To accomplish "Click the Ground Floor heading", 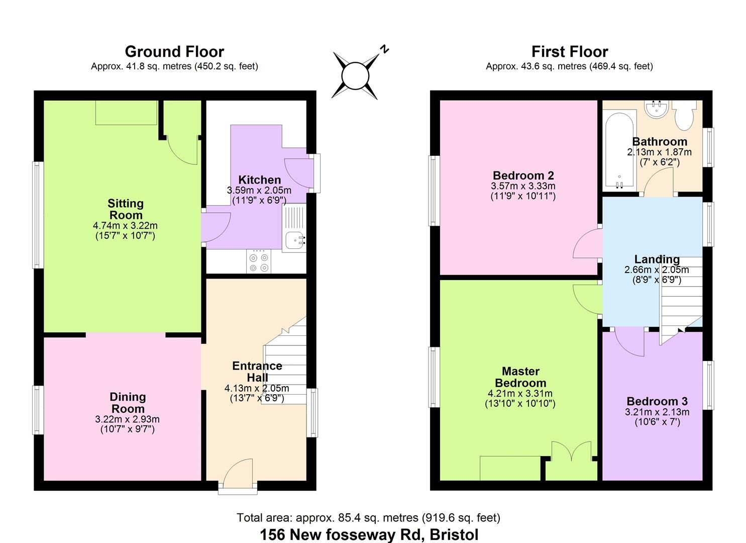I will [174, 52].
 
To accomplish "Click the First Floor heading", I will [570, 52].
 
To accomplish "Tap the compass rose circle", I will [355, 76].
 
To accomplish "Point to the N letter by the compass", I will [384, 49].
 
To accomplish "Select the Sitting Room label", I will [126, 209].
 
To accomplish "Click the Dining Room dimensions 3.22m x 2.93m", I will [127, 419].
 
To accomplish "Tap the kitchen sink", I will [295, 240].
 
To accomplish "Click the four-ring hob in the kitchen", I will [259, 261].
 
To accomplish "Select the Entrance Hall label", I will [257, 372].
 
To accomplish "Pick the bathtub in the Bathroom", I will [619, 151].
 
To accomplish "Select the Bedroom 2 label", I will [523, 175].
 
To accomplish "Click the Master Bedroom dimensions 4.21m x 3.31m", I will [520, 394].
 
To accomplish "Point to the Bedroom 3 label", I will [657, 401].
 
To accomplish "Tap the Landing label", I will [657, 259].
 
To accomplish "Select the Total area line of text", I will [368, 517].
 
